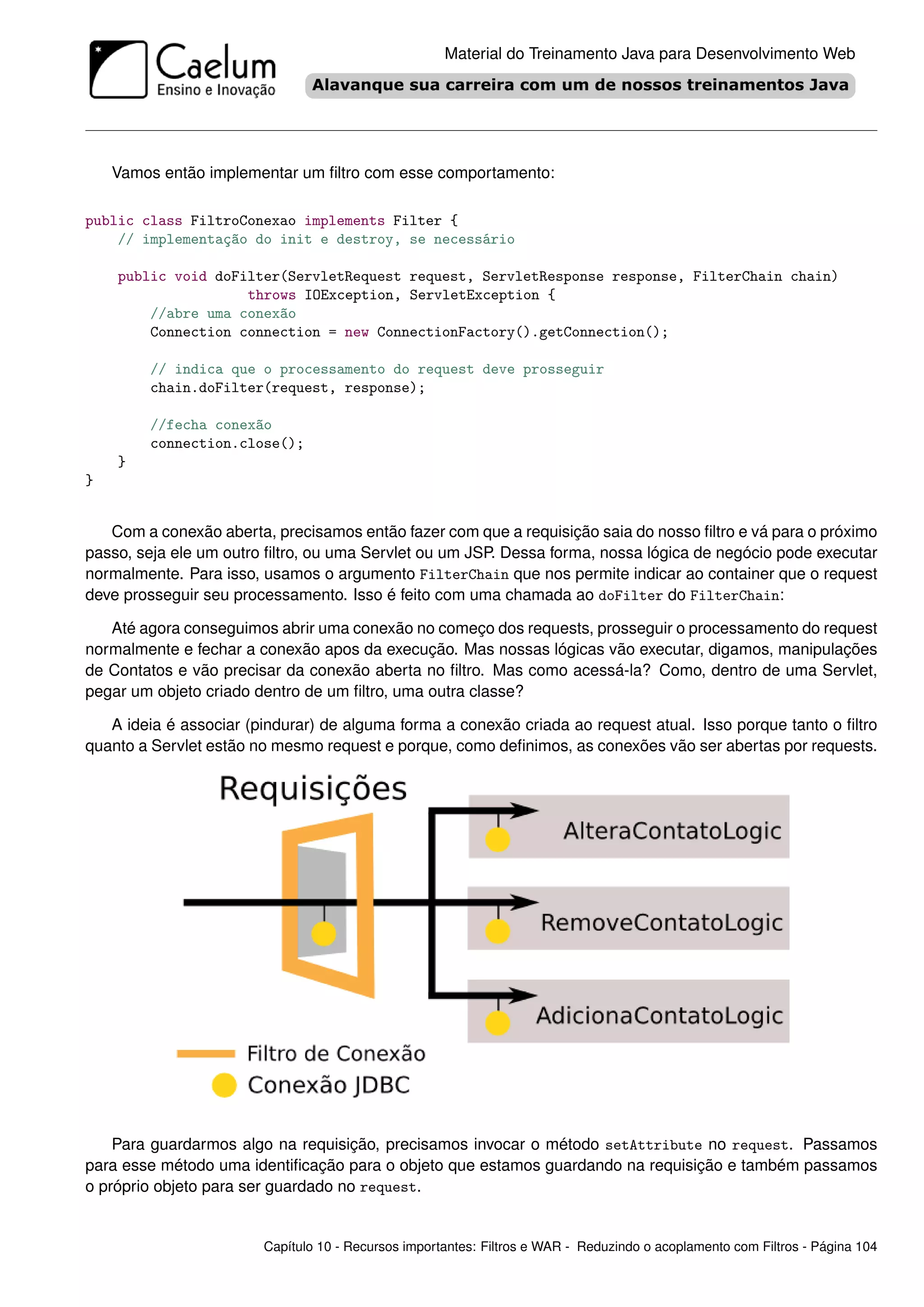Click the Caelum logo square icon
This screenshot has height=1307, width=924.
tap(118, 70)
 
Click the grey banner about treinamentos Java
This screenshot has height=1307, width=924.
tap(580, 85)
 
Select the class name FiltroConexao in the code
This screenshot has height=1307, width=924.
tap(243, 221)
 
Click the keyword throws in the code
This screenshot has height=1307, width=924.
tap(272, 295)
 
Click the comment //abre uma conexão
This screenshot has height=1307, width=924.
tap(222, 314)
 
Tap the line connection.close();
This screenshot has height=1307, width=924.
tap(226, 444)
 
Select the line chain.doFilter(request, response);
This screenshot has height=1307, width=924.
tap(287, 388)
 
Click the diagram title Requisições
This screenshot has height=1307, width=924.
tap(313, 789)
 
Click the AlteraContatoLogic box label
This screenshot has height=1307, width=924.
tap(672, 831)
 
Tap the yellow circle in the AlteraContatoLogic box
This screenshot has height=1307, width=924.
tap(498, 839)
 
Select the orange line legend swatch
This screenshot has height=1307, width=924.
tap(206, 1054)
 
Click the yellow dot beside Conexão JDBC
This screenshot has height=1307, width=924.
tap(224, 1085)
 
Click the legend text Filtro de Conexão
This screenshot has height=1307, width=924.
tap(336, 1054)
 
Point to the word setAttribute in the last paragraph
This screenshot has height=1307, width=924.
tap(653, 1145)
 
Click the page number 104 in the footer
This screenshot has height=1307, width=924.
tap(865, 1247)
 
